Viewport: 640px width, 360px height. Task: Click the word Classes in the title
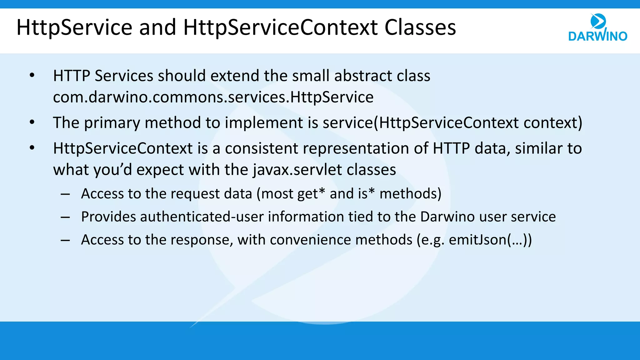pos(420,27)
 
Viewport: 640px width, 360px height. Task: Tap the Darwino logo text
pos(597,36)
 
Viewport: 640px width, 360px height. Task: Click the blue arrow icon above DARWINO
pos(598,21)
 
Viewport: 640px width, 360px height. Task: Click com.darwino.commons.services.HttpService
pos(213,97)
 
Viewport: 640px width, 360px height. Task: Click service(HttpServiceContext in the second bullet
pos(421,122)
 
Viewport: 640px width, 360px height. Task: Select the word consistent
pos(261,148)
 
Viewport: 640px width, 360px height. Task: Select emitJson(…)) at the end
pos(490,240)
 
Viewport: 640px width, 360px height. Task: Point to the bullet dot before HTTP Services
pos(32,76)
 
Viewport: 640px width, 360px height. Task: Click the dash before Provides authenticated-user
pos(65,217)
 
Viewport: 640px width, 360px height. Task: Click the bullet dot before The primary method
pos(32,122)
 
